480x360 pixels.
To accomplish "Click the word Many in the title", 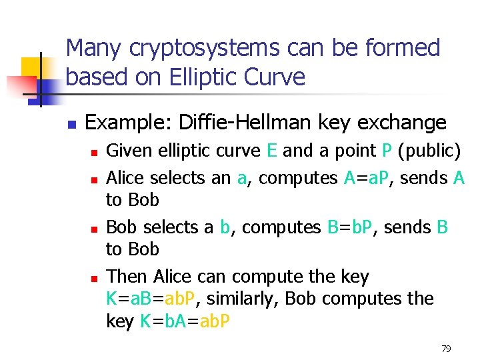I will pyautogui.click(x=93, y=49).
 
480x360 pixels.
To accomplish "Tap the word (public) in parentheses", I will pyautogui.click(x=429, y=151).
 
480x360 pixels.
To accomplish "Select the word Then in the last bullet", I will pyautogui.click(x=127, y=276).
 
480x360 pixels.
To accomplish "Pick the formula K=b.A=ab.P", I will pyautogui.click(x=186, y=321).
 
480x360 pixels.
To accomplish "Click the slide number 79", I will pyautogui.click(x=447, y=349).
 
